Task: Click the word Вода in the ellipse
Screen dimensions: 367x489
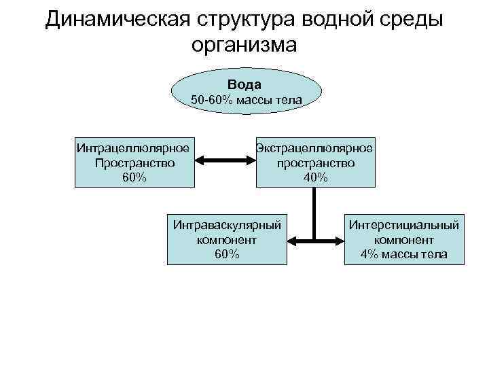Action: (x=244, y=84)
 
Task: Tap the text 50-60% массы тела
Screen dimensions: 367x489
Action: (x=246, y=100)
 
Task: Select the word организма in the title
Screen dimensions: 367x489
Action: (x=244, y=45)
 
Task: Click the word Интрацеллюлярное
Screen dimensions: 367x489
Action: (x=133, y=147)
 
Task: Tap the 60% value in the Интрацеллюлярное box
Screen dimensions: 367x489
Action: (x=133, y=177)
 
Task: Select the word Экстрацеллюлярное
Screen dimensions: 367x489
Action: (x=314, y=147)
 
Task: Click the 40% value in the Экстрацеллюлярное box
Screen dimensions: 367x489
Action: (x=316, y=177)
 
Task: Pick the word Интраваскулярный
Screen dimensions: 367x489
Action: (x=227, y=224)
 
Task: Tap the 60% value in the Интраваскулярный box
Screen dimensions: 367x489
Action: (x=227, y=254)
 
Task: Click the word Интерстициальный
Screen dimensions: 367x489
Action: (x=404, y=224)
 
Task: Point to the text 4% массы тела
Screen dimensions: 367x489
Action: (x=404, y=254)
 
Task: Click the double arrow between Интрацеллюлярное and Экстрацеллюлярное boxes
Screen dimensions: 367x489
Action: (x=225, y=162)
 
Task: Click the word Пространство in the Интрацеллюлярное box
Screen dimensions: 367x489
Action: (x=134, y=162)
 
